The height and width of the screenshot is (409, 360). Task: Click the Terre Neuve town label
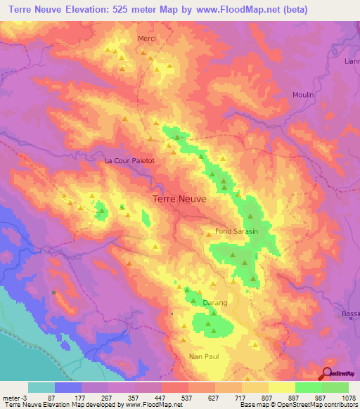click(179, 199)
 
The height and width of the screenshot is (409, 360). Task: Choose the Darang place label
click(215, 303)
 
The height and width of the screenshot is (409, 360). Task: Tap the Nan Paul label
click(204, 356)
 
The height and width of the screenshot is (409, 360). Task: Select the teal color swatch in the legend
click(41, 387)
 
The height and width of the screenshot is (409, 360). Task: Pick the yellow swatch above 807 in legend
click(255, 387)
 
